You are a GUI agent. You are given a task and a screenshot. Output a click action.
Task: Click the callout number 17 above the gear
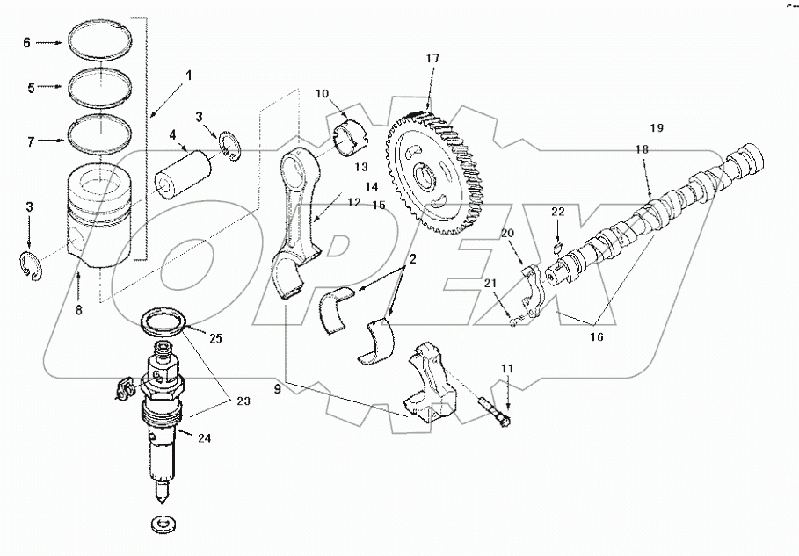click(432, 59)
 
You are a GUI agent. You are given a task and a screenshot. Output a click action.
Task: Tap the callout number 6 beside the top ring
click(26, 42)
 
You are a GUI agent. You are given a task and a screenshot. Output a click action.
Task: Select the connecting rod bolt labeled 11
click(498, 413)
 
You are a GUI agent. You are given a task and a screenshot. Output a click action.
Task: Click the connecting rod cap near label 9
click(432, 381)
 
